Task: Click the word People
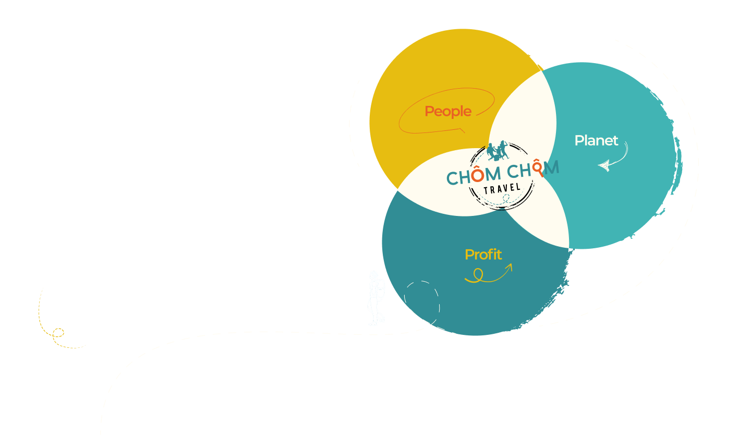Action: tap(448, 111)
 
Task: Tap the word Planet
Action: tap(596, 140)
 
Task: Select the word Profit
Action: tap(483, 255)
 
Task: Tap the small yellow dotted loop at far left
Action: tap(57, 332)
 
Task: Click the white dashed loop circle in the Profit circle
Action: tap(422, 300)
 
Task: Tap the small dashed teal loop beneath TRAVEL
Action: tap(504, 198)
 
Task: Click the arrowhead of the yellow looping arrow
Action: tap(509, 267)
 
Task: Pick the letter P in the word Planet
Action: tap(578, 141)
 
